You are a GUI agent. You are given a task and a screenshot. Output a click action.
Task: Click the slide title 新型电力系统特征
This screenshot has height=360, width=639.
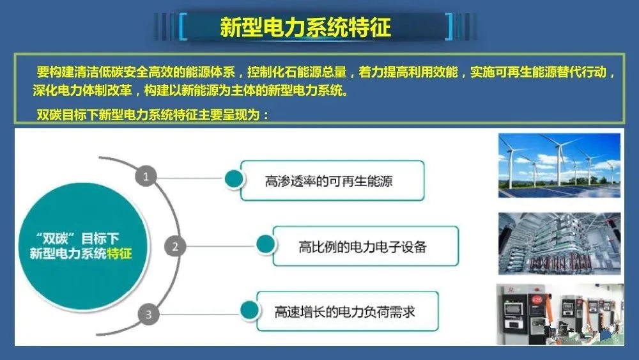(x=305, y=27)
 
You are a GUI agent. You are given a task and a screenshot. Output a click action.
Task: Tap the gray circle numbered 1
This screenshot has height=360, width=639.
(x=146, y=176)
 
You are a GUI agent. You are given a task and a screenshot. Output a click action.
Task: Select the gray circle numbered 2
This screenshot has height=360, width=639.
(x=175, y=246)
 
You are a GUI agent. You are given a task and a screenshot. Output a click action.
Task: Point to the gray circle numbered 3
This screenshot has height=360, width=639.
(x=148, y=315)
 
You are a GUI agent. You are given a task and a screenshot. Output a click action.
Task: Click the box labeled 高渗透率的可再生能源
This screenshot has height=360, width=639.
(x=332, y=180)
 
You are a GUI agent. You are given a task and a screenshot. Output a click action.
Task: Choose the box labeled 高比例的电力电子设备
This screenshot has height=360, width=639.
(x=366, y=246)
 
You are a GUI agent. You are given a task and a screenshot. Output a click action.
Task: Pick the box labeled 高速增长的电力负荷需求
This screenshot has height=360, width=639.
(x=348, y=311)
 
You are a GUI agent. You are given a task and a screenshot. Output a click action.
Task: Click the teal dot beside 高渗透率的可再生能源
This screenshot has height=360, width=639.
(x=234, y=178)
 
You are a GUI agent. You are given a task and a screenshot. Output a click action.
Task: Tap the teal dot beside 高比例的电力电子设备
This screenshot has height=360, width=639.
(x=265, y=244)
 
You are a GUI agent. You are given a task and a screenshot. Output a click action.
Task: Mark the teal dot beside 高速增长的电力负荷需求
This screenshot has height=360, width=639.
(x=249, y=309)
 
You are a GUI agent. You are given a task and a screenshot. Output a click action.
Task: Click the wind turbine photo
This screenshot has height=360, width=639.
(x=559, y=166)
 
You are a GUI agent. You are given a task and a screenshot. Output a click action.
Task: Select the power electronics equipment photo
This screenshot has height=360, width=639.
(x=559, y=244)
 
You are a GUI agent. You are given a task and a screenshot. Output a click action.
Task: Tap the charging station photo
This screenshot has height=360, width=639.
(x=560, y=315)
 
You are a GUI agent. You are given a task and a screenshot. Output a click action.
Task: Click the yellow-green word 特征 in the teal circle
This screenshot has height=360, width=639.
(x=119, y=253)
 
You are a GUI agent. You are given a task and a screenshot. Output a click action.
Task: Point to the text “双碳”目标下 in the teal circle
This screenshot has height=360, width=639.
(x=77, y=238)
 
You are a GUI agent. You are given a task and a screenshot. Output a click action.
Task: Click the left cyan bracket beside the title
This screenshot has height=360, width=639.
(x=183, y=27)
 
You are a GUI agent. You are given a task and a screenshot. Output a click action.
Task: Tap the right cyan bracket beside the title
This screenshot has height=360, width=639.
(x=449, y=27)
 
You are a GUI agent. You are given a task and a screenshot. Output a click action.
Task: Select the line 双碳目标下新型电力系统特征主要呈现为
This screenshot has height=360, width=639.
(x=153, y=115)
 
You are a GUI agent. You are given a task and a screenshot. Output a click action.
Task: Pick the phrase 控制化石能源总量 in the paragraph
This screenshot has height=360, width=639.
(x=296, y=72)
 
